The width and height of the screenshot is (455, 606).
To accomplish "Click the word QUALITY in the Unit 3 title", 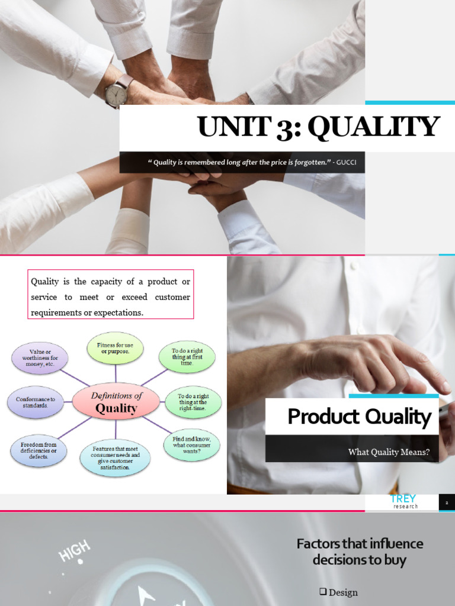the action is (x=374, y=127).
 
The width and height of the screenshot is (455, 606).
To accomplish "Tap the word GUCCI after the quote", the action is (x=346, y=162).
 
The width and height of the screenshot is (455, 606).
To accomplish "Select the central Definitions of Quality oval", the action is (x=116, y=402).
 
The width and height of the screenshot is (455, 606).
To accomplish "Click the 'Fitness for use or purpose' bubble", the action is (x=115, y=348).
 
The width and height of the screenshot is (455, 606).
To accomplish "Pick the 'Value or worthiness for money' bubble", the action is (x=40, y=358).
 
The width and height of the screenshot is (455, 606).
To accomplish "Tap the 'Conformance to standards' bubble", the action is (x=35, y=402).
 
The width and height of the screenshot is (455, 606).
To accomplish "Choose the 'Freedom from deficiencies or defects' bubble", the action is (x=39, y=450).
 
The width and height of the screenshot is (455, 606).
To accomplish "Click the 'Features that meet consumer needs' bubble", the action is (x=115, y=458).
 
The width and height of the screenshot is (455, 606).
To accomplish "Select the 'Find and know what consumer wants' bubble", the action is (x=191, y=445).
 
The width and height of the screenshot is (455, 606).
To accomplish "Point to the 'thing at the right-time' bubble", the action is (x=193, y=402).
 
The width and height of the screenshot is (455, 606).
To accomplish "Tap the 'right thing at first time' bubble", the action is (x=187, y=357).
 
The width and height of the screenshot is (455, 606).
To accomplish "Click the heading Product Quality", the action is (x=360, y=417).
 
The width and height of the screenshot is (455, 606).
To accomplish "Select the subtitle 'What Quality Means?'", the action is (x=389, y=452).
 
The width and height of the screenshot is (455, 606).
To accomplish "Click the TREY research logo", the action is (x=403, y=501).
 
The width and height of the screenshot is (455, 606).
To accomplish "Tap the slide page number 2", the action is (x=447, y=503).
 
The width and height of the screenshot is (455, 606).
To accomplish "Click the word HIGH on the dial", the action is (x=74, y=551).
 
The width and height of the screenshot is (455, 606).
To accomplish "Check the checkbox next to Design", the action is (x=323, y=591).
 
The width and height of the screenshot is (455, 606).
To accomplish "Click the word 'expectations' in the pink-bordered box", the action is (x=118, y=312).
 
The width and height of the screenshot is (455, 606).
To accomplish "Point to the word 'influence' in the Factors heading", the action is (x=396, y=544).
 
